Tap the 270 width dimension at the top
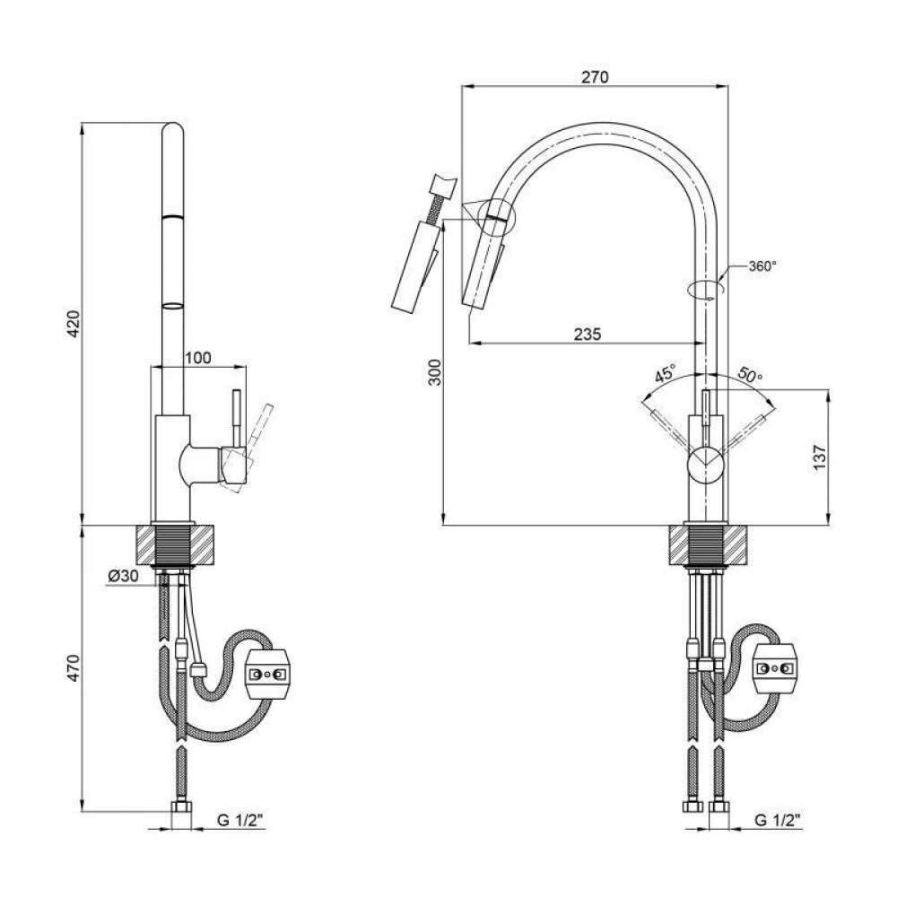(x=594, y=77)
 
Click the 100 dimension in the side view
(x=198, y=358)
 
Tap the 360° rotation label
(x=762, y=266)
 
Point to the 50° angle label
(x=749, y=374)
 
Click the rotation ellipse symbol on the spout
(x=703, y=290)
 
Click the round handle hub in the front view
(x=704, y=467)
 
